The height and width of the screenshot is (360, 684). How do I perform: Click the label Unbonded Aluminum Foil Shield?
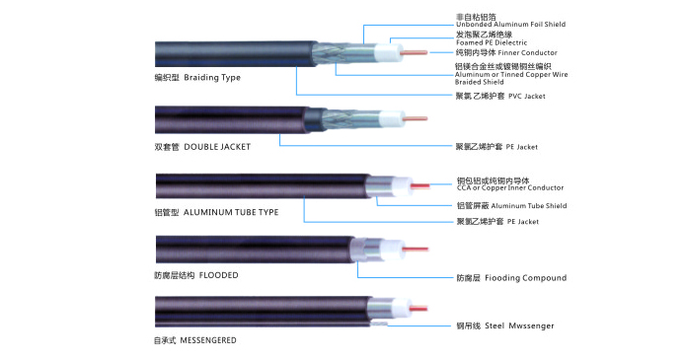click(511, 25)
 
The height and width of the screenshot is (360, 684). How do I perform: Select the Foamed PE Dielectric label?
click(492, 42)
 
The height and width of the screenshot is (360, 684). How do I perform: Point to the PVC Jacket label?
click(526, 97)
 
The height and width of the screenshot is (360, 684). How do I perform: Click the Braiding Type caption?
click(212, 78)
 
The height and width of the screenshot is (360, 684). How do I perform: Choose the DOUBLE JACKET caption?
click(217, 147)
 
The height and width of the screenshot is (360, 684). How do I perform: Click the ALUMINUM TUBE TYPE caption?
click(231, 212)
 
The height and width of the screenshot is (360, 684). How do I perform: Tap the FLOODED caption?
click(218, 275)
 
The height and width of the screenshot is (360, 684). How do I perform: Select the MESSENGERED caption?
click(208, 340)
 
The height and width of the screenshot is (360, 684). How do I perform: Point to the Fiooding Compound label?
click(526, 278)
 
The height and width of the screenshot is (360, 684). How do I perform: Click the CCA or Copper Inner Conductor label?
click(510, 187)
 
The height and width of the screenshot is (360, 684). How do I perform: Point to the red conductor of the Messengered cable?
click(418, 308)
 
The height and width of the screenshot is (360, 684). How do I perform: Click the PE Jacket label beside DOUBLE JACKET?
click(522, 147)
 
